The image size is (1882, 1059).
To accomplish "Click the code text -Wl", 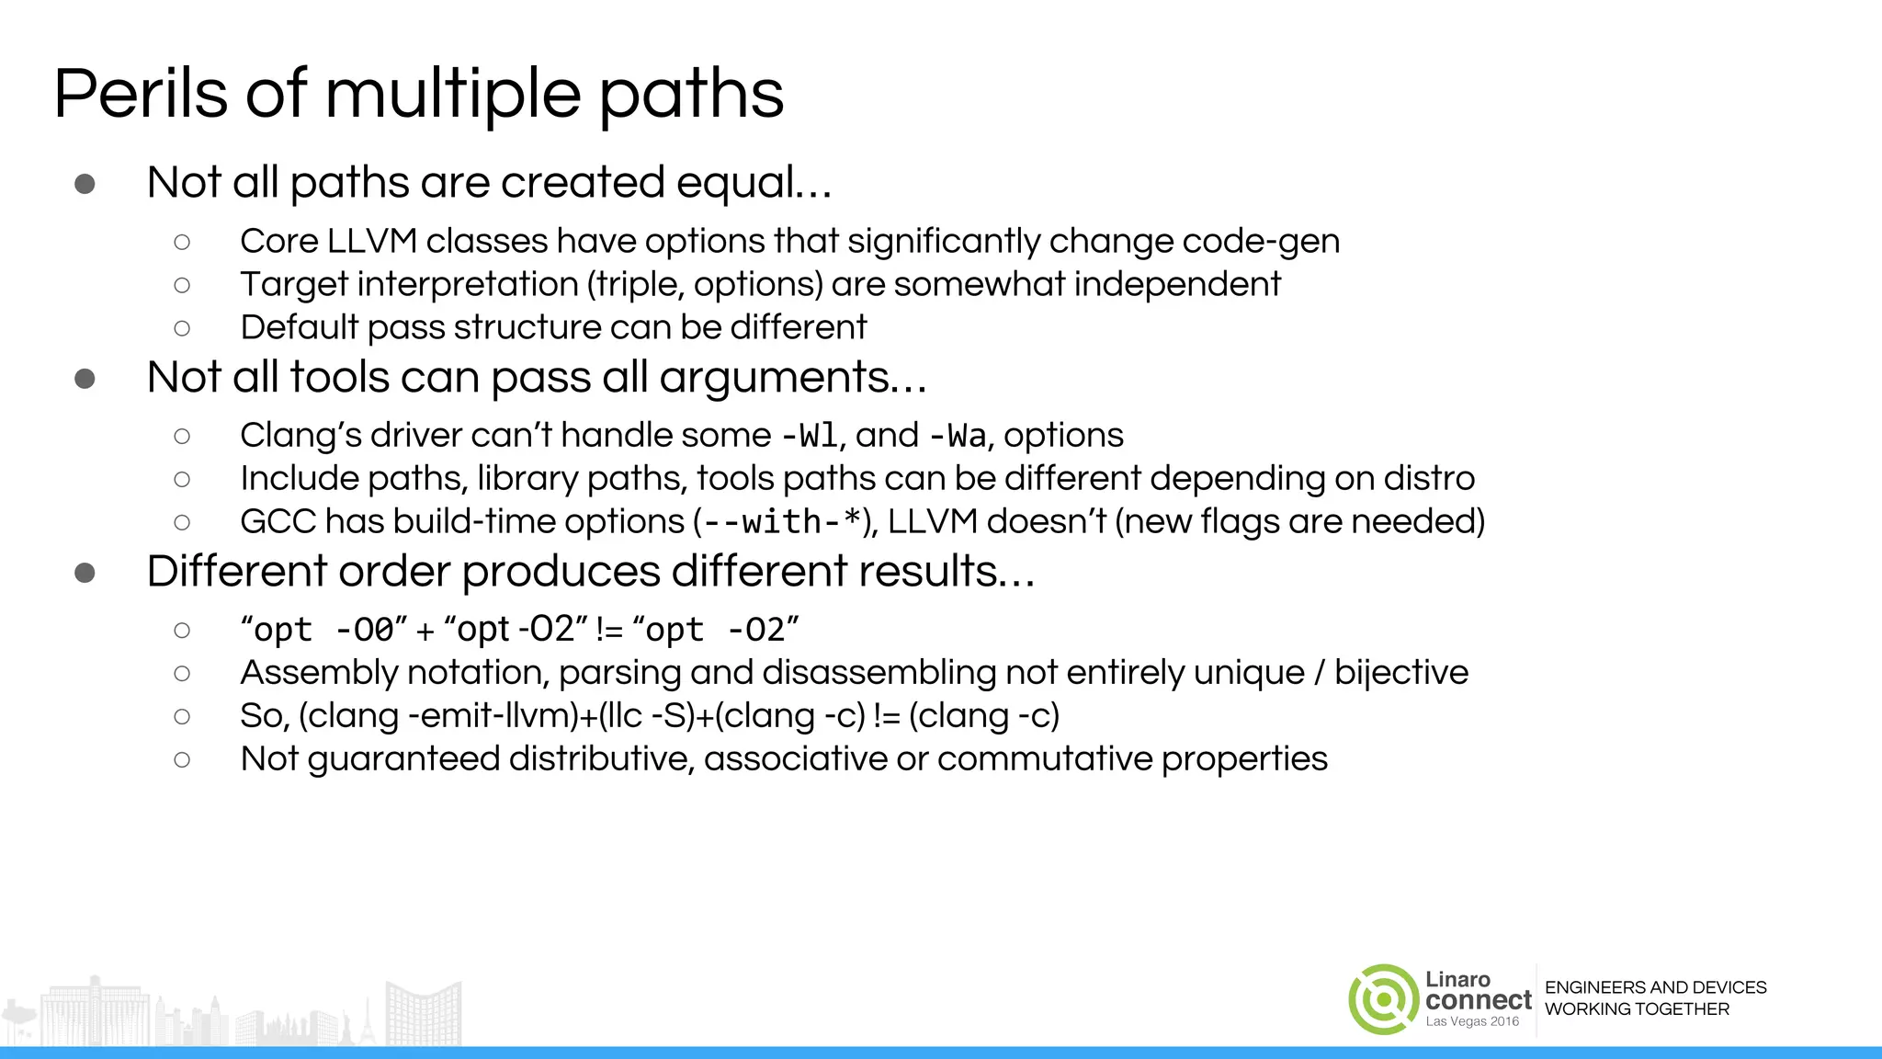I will pyautogui.click(x=809, y=436).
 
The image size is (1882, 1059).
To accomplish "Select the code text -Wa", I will pyautogui.click(x=958, y=436).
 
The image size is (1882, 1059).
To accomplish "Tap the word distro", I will pyautogui.click(x=1429, y=479).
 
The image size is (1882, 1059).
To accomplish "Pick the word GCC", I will pyautogui.click(x=278, y=522).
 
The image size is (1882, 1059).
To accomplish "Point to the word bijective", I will pyautogui.click(x=1400, y=673).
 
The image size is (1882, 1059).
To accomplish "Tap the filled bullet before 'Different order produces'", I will pyautogui.click(x=85, y=573).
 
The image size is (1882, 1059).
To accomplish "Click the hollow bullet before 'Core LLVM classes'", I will pyautogui.click(x=182, y=242).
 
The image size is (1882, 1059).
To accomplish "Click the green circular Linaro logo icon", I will pyautogui.click(x=1383, y=999).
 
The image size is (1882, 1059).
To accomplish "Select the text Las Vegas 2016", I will pyautogui.click(x=1472, y=1022).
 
